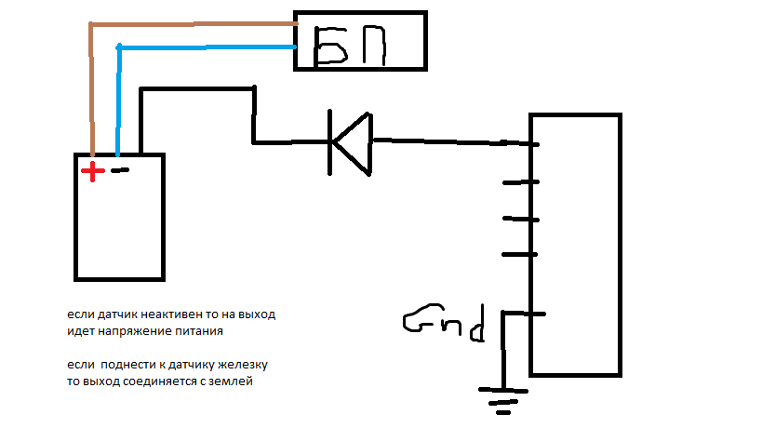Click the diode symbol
tap(352, 142)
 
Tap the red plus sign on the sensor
tap(92, 171)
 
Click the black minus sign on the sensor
tap(120, 171)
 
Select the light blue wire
tap(205, 47)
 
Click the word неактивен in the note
tap(171, 314)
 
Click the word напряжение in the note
tap(135, 331)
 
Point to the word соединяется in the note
tap(159, 381)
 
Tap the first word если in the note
tap(79, 314)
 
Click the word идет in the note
tap(80, 331)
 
